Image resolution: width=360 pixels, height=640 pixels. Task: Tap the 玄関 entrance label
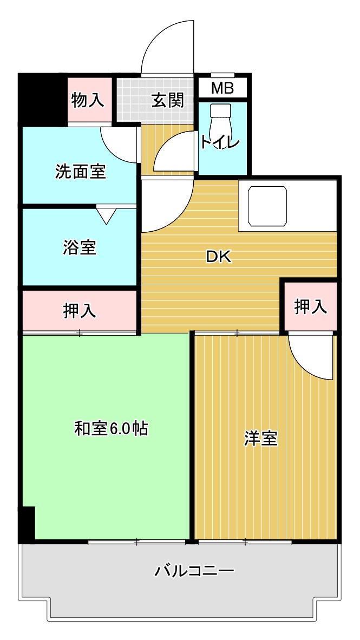coord(167,100)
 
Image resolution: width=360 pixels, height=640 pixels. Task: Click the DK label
coord(219,258)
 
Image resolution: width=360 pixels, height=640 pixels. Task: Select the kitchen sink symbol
coord(267,206)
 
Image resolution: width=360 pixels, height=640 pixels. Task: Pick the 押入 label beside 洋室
coord(311,306)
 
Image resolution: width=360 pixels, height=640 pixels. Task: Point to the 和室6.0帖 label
coord(111,429)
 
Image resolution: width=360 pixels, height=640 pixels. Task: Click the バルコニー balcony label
coord(194,571)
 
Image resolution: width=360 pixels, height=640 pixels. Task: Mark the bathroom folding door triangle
coord(106,215)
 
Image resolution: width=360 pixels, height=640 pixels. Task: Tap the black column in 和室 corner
coord(27,523)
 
